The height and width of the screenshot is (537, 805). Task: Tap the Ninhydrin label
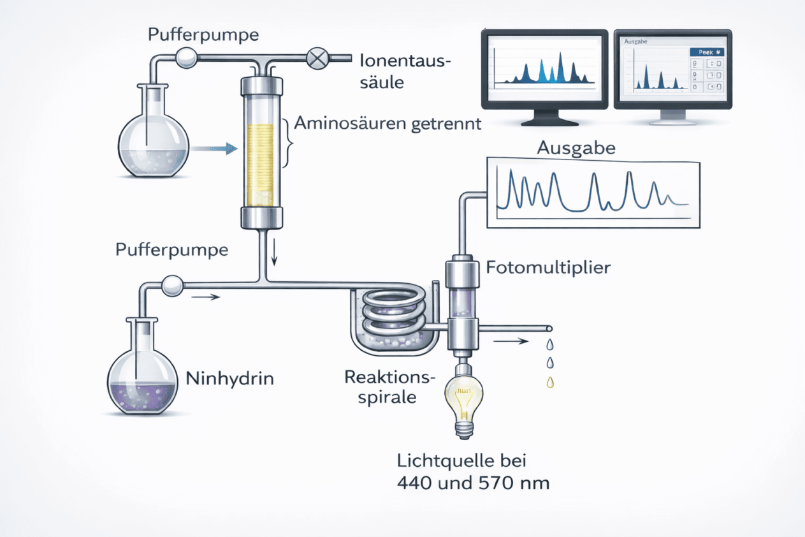(x=229, y=378)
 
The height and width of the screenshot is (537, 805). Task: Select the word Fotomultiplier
(x=548, y=268)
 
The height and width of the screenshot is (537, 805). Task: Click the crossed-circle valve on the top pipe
(x=317, y=58)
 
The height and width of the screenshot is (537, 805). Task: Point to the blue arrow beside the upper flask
(x=214, y=149)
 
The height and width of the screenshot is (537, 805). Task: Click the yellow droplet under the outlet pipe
(x=550, y=382)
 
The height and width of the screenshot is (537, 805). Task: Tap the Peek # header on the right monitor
(x=707, y=52)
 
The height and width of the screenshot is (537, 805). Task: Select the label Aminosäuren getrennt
(x=388, y=124)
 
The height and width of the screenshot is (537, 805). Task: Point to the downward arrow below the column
(x=274, y=251)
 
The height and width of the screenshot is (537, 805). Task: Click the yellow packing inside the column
(x=261, y=165)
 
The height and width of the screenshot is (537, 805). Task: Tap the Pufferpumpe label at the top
(x=203, y=35)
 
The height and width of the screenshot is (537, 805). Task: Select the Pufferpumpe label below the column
(x=172, y=249)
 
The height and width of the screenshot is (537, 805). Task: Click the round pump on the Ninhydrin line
(x=173, y=286)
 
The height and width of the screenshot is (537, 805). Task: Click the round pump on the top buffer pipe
(x=187, y=57)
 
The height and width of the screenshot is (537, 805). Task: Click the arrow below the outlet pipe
(x=511, y=341)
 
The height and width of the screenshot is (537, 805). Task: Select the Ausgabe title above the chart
(x=576, y=148)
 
